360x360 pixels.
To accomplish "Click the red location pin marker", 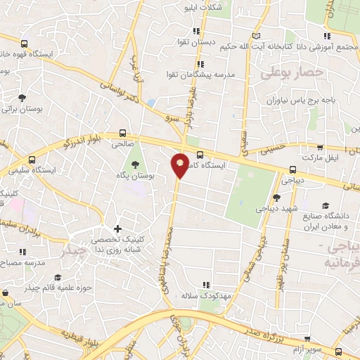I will [x=180, y=165].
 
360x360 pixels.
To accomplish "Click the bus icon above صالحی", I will [x=124, y=132].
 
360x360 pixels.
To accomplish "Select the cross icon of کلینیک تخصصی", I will [x=117, y=229].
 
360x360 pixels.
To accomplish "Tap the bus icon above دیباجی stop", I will [x=293, y=169].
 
